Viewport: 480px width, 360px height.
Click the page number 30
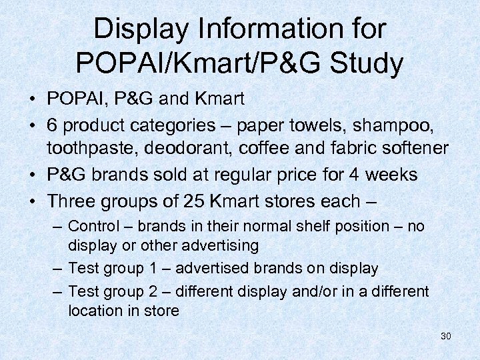click(x=445, y=336)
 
